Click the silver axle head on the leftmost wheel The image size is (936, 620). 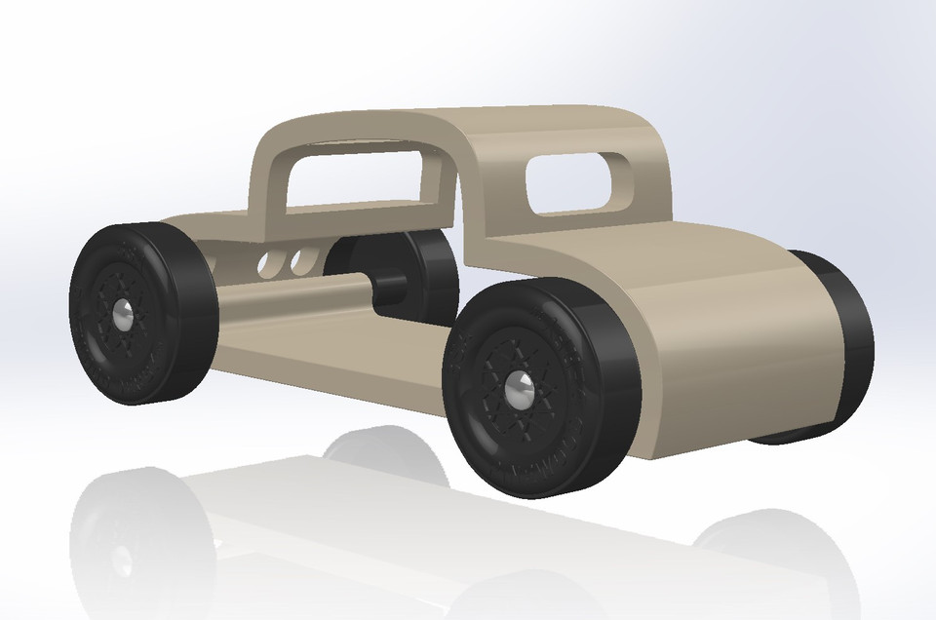(x=124, y=314)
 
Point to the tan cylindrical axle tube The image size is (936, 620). (x=292, y=297)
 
